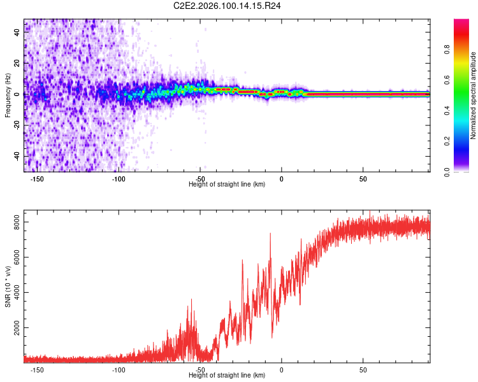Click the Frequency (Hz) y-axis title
pos(8,95)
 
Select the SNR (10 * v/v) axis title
pos(8,286)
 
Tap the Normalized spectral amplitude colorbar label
pos(473,95)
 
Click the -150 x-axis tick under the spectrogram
pos(37,178)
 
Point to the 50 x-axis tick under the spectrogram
pos(363,178)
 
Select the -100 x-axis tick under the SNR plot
pos(119,369)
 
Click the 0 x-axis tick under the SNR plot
pos(281,369)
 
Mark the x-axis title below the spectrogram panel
pos(227,185)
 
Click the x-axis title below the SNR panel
pos(227,376)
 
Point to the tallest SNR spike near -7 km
pos(270,234)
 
